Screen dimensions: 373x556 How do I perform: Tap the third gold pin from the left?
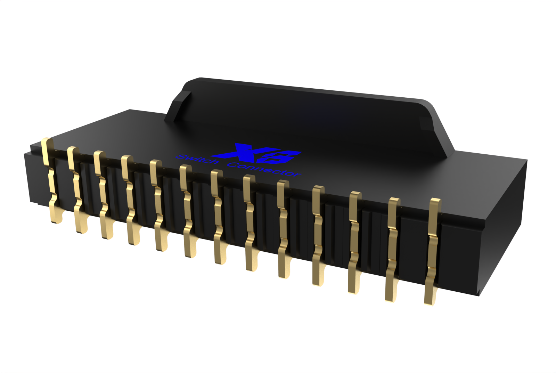[x=103, y=196]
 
